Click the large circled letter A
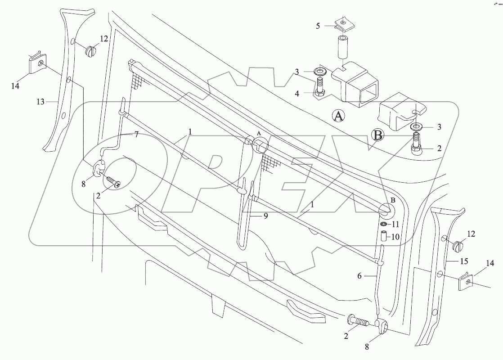pyautogui.click(x=339, y=116)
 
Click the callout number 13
pyautogui.click(x=40, y=102)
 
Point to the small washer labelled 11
pyautogui.click(x=384, y=224)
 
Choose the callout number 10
pyautogui.click(x=396, y=237)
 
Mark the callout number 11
pyautogui.click(x=395, y=224)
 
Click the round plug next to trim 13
pyautogui.click(x=90, y=49)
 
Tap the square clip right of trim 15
pyautogui.click(x=467, y=281)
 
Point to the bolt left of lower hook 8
pyautogui.click(x=359, y=322)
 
